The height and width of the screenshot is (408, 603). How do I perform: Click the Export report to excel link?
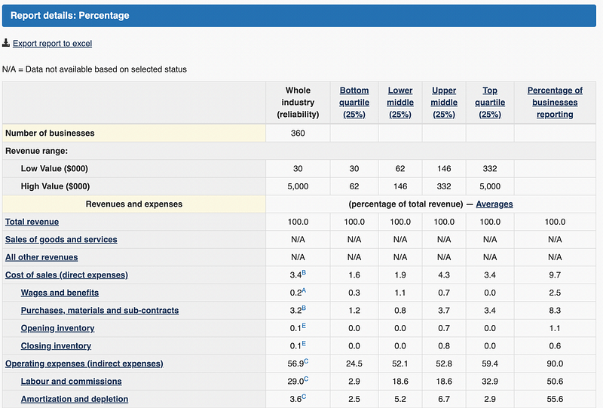(x=52, y=44)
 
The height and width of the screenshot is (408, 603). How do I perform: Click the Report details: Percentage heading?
(x=69, y=15)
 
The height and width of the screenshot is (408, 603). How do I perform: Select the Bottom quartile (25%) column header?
(x=354, y=103)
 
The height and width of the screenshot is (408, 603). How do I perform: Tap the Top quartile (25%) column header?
(x=490, y=103)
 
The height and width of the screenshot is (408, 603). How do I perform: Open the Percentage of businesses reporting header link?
(x=555, y=103)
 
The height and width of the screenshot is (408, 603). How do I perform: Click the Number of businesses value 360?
(x=298, y=133)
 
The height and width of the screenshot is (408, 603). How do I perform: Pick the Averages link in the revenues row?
(x=494, y=204)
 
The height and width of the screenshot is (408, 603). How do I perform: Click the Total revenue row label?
(x=32, y=222)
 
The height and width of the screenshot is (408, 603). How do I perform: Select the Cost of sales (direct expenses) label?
(x=66, y=275)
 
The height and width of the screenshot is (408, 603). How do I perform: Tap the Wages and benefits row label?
(x=60, y=293)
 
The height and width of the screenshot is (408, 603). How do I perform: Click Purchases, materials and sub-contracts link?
(x=99, y=311)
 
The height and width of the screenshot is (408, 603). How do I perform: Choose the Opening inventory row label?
(x=57, y=328)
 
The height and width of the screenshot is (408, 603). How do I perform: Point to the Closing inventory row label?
(x=56, y=346)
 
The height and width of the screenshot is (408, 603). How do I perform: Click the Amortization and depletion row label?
(x=75, y=399)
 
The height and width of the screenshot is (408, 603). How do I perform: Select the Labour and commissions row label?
(x=71, y=382)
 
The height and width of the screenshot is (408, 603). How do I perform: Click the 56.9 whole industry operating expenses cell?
(x=295, y=364)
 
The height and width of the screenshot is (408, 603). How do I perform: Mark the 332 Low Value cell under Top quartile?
(x=490, y=169)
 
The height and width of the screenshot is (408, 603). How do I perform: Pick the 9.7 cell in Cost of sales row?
(x=555, y=275)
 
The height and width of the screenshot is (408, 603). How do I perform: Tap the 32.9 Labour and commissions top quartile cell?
(x=490, y=382)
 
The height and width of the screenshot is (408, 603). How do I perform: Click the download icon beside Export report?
(x=6, y=43)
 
